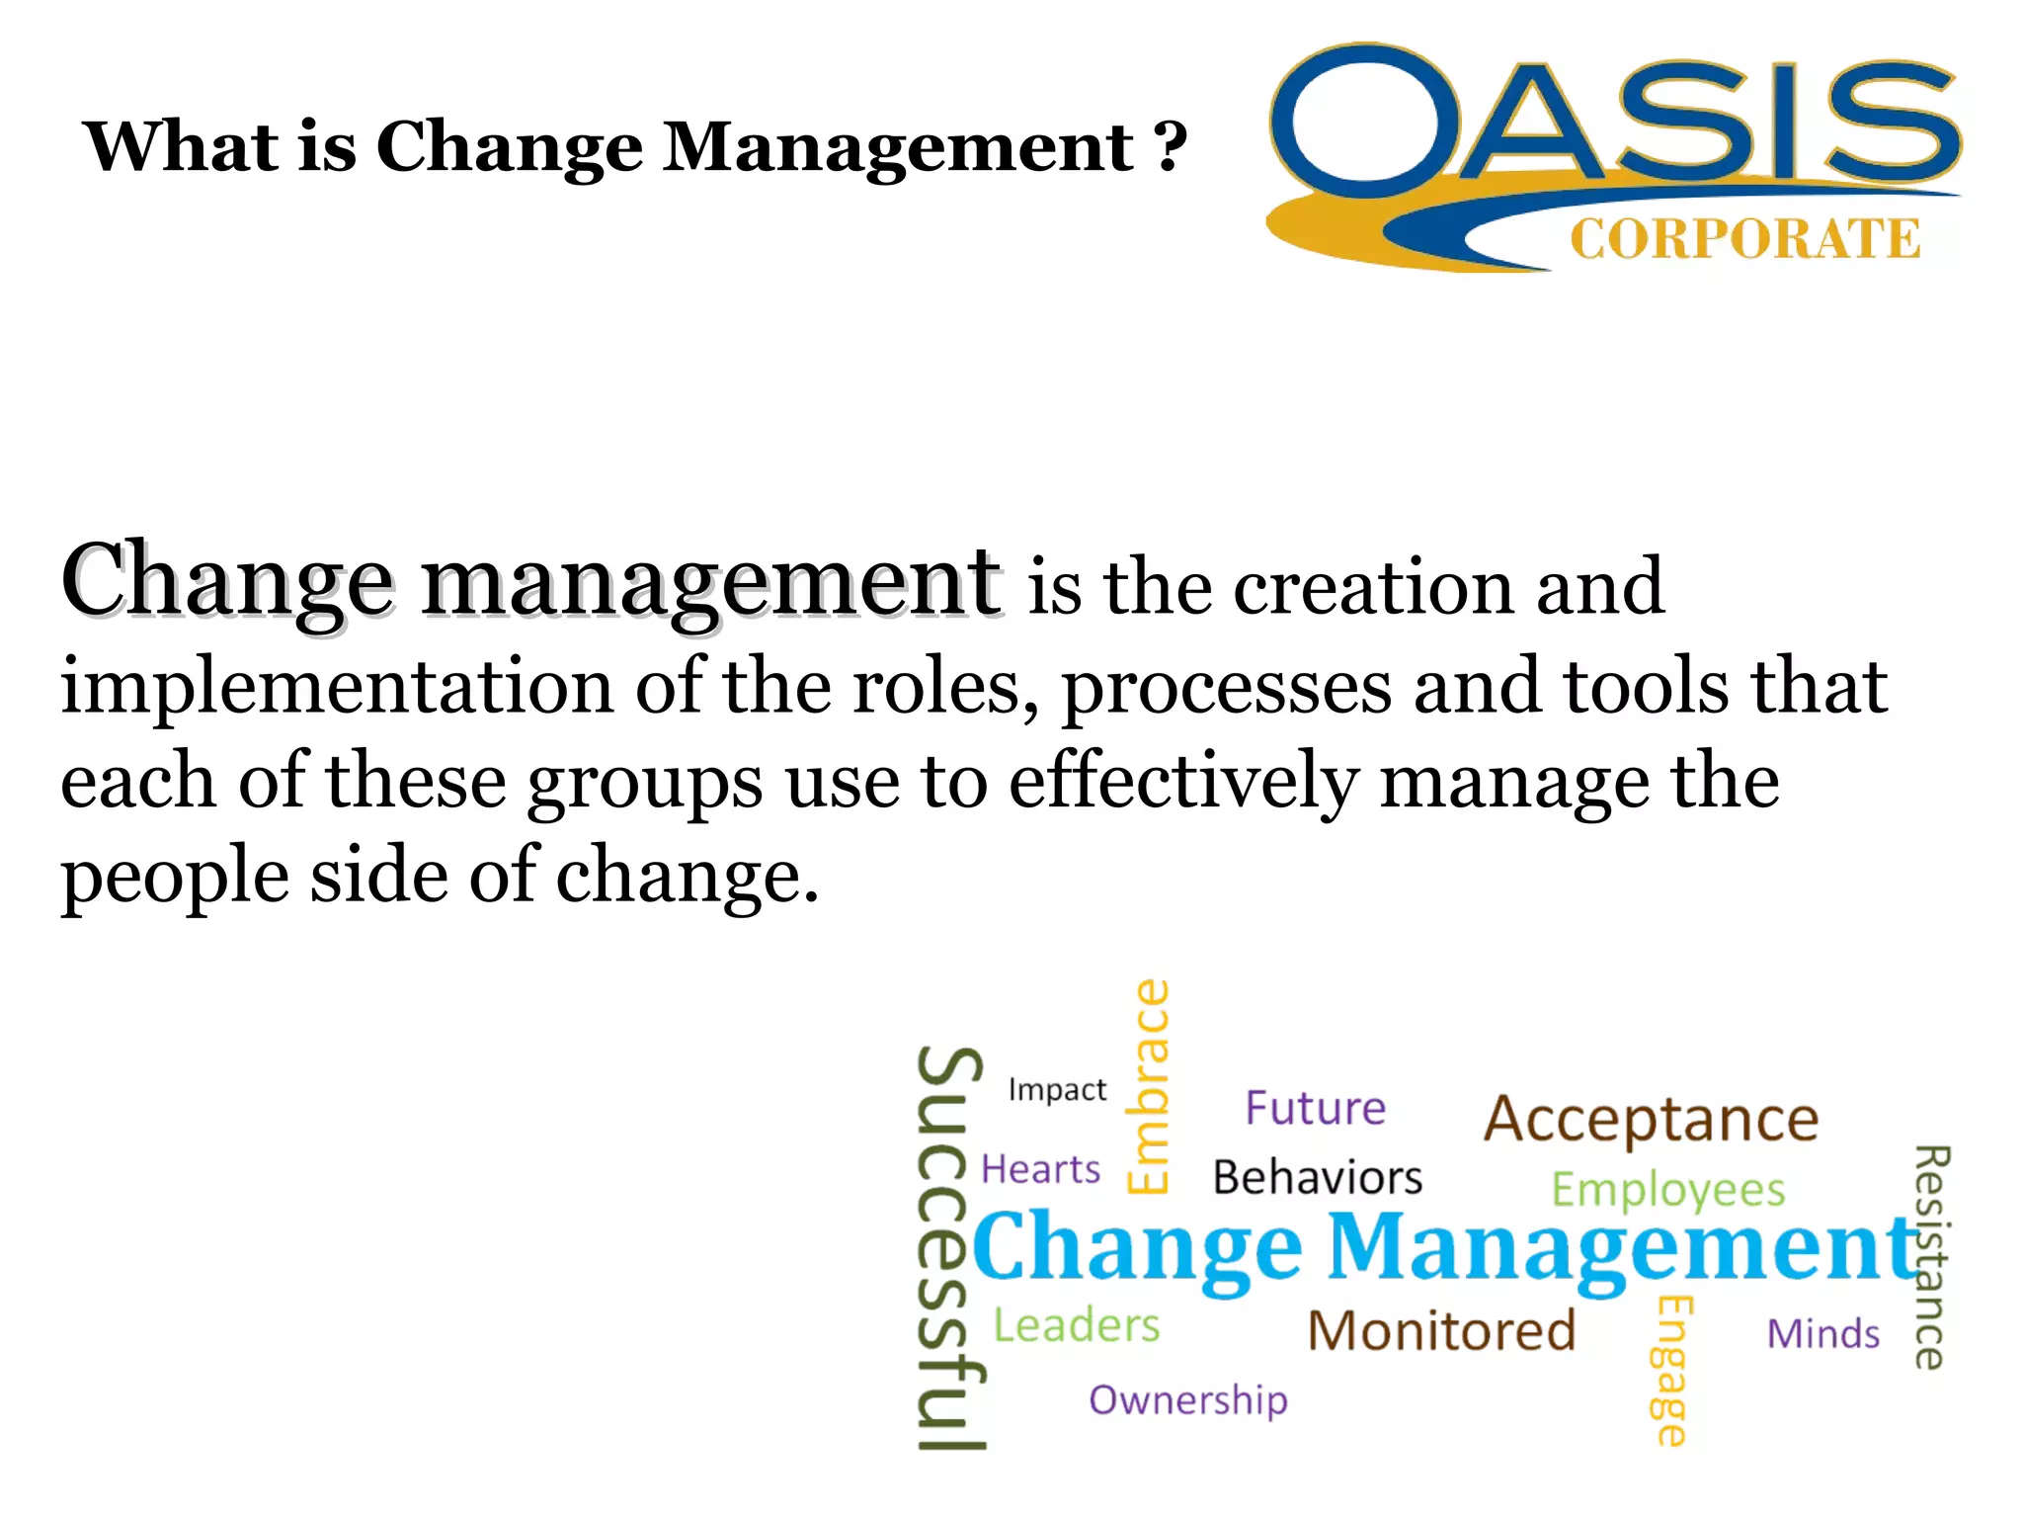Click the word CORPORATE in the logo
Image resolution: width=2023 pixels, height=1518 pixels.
coord(1744,239)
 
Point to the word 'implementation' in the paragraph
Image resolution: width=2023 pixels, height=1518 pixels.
coord(337,687)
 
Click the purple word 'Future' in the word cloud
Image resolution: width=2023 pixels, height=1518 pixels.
coord(1315,1108)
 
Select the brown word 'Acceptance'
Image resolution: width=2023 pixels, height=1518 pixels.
coord(1651,1120)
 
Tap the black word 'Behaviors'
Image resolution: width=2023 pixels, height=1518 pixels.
coord(1318,1177)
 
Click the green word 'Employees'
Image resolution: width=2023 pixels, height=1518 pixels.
coord(1668,1190)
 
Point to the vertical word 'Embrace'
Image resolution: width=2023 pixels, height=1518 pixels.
coord(1149,1086)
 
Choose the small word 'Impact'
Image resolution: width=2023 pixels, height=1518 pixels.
coord(1057,1090)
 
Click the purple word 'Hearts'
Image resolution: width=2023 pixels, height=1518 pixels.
coord(1040,1169)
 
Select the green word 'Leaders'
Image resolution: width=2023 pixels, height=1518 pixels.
coord(1076,1325)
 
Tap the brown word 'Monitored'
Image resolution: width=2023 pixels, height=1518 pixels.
coord(1441,1330)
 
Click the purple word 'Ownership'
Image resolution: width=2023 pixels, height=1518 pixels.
coord(1188,1400)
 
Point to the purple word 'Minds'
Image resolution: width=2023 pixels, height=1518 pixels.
coord(1822,1334)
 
